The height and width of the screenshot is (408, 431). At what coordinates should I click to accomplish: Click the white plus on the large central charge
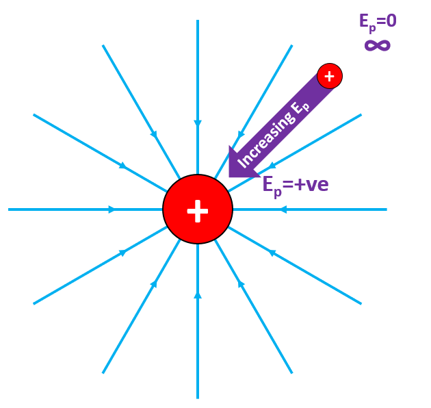[x=198, y=210]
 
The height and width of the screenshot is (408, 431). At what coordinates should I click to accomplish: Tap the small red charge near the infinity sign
[x=329, y=76]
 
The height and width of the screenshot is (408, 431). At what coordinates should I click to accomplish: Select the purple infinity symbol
[x=377, y=45]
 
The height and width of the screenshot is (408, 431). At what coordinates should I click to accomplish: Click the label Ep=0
[x=378, y=21]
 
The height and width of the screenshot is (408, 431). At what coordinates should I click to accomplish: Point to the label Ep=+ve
[x=296, y=184]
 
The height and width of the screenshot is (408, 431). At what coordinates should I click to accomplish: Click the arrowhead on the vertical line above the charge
[x=198, y=124]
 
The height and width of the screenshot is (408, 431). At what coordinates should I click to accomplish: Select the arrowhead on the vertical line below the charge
[x=198, y=295]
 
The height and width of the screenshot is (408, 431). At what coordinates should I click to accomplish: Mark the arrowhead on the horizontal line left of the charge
[x=112, y=209]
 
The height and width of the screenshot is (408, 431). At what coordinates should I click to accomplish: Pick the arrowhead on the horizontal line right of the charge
[x=283, y=209]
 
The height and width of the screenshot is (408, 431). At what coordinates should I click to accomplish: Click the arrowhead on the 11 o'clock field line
[x=154, y=135]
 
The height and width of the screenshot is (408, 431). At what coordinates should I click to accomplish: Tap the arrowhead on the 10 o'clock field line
[x=123, y=166]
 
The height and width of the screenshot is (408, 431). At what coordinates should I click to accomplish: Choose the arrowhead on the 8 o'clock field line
[x=123, y=253]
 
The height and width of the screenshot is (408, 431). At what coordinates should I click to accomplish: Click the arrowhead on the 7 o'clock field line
[x=155, y=283]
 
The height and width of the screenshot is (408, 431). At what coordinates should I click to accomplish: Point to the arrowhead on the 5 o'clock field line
[x=241, y=283]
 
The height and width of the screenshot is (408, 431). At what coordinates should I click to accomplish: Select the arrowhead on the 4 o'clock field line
[x=272, y=253]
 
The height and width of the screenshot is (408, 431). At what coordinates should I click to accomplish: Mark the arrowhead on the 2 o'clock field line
[x=272, y=166]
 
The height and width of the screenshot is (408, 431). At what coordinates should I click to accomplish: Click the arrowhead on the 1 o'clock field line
[x=241, y=134]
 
